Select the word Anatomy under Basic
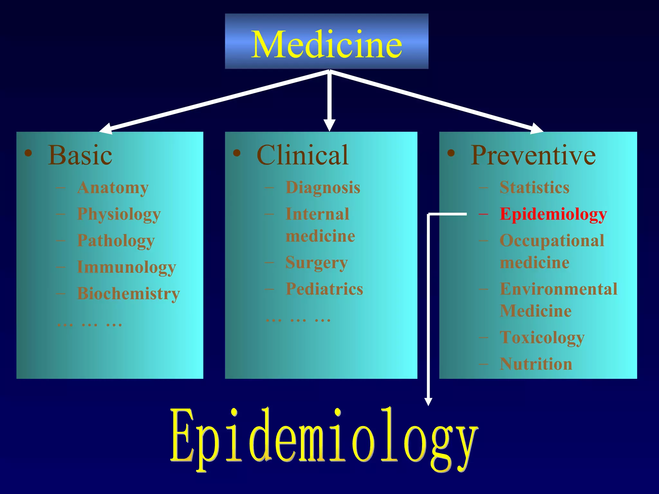click(x=113, y=188)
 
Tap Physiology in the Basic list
click(x=119, y=214)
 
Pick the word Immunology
click(x=126, y=267)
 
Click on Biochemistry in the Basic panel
click(x=128, y=293)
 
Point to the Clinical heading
click(x=302, y=155)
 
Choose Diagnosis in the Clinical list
click(x=323, y=188)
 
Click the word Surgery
click(x=317, y=262)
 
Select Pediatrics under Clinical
click(x=324, y=289)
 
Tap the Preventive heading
click(x=533, y=155)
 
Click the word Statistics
click(x=534, y=188)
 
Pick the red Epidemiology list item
click(x=553, y=214)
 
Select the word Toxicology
click(x=542, y=338)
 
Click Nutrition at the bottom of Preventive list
click(x=536, y=364)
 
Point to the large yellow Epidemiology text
click(x=323, y=439)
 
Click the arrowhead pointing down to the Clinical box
click(x=329, y=125)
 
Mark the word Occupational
click(x=552, y=241)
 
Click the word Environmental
click(x=558, y=289)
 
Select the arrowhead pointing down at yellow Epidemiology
click(x=428, y=401)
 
